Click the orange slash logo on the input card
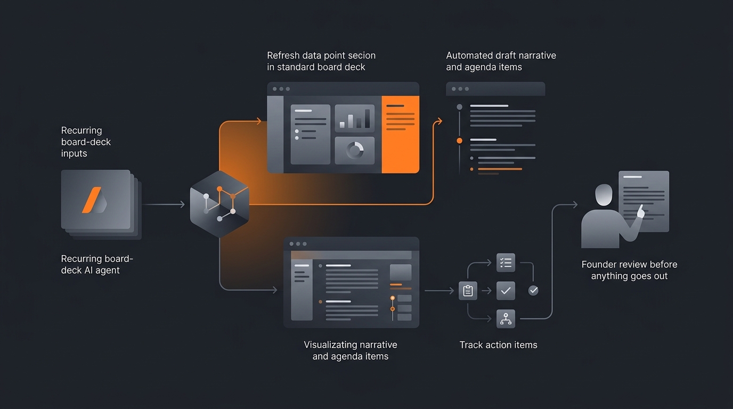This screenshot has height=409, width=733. [x=92, y=200]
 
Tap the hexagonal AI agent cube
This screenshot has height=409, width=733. [x=219, y=204]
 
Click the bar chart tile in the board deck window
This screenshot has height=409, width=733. [x=354, y=118]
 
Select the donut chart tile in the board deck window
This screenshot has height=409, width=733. [x=354, y=151]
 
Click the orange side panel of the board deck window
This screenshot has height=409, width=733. [x=400, y=134]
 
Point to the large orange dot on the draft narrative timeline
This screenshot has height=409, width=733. [x=459, y=141]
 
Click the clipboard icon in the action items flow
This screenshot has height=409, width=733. [x=468, y=291]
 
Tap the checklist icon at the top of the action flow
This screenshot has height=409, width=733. [x=506, y=263]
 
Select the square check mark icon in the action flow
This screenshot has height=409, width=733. [x=506, y=291]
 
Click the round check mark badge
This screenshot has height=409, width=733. [x=533, y=290]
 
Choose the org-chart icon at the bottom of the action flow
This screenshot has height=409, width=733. [x=506, y=318]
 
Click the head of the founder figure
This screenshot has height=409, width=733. [x=604, y=195]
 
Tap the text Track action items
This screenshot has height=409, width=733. [x=499, y=345]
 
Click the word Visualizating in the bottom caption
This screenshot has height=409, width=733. [x=329, y=345]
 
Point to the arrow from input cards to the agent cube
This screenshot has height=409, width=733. [x=164, y=204]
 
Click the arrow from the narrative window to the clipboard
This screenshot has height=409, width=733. [x=439, y=291]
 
